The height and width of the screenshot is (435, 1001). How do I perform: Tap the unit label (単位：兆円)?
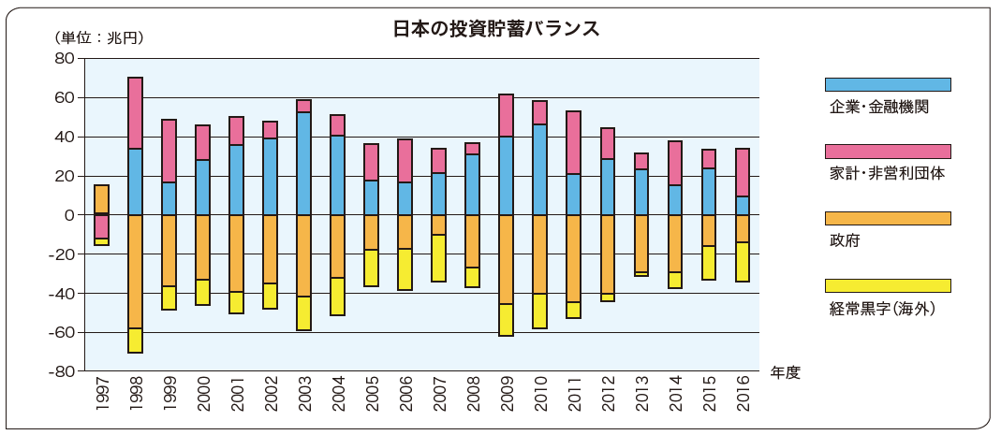[98, 38]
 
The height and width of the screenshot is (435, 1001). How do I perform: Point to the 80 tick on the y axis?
[64, 59]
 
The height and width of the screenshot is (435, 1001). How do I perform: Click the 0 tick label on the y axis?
[69, 215]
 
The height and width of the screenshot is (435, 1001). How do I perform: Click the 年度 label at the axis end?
[785, 372]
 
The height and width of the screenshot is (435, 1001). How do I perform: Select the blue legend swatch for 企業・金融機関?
[887, 84]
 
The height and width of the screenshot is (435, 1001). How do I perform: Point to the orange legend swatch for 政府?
[887, 218]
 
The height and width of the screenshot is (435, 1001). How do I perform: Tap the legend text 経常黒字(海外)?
[883, 308]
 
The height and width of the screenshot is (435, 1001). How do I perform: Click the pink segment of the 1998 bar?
[135, 113]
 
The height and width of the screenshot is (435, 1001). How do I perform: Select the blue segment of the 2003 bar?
[303, 164]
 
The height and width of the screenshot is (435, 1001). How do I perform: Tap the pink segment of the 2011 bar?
[573, 143]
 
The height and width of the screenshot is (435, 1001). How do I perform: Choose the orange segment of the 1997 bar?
[101, 199]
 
